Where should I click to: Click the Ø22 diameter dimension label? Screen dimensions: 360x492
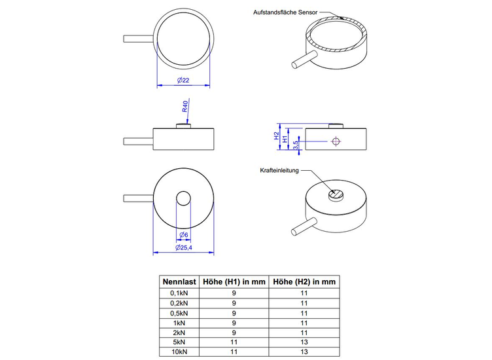pos(183,80)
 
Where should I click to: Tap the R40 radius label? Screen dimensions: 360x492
pos(186,107)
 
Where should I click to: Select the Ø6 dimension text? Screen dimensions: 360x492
pos(183,235)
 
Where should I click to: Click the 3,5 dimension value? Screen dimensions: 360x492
pos(296,144)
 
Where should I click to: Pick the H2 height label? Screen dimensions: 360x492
pos(275,136)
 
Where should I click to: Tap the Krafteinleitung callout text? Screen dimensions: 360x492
pos(279,171)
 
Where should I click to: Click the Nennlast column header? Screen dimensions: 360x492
pos(179,281)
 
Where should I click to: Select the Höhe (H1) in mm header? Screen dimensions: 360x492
pos(234,281)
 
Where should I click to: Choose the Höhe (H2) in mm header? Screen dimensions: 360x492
pos(304,281)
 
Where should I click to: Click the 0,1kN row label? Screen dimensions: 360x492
pos(179,293)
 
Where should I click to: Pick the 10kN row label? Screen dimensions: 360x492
pos(179,353)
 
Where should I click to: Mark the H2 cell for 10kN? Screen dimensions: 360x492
pos(304,353)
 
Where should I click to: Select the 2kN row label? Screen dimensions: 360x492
pos(179,333)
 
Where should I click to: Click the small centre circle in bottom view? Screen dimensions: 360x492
pos(183,200)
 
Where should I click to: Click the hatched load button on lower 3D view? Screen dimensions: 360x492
pos(336,194)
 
